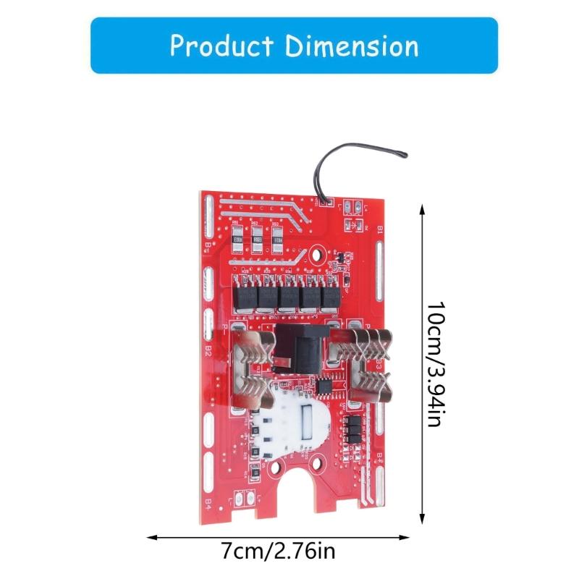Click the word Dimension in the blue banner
tap(352, 46)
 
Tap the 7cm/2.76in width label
tap(279, 553)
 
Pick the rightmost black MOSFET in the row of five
tap(332, 296)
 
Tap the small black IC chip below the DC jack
tap(326, 389)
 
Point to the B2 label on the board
tap(208, 351)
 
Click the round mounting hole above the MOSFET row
tap(316, 255)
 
